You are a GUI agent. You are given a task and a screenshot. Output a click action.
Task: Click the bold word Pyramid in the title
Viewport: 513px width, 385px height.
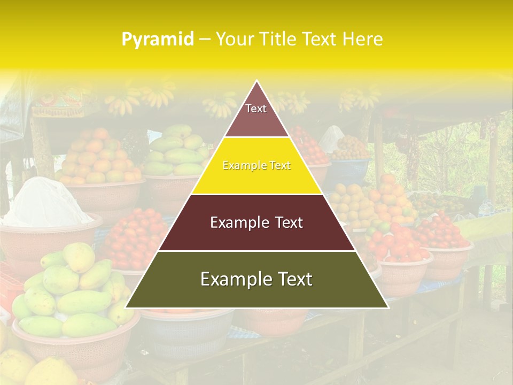coord(158,40)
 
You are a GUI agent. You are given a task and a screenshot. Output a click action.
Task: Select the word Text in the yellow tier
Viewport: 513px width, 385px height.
coord(280,166)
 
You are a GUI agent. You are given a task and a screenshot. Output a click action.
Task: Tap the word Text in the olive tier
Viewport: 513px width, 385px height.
coord(293,280)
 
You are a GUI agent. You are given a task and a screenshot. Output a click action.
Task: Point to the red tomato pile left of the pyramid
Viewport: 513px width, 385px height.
coord(134,235)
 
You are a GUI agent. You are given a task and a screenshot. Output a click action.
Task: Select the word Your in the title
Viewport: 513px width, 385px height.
coord(234,40)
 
